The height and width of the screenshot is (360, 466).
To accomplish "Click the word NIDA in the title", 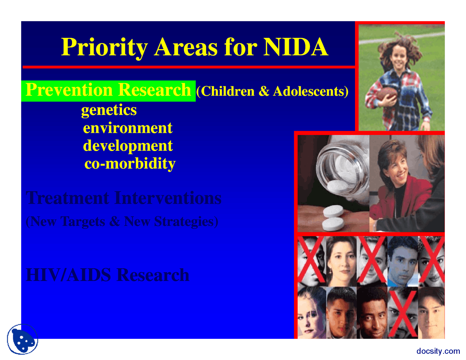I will [295, 47].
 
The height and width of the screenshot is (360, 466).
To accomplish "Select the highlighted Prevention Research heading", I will [108, 90].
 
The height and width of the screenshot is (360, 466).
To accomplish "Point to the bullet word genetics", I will [109, 110].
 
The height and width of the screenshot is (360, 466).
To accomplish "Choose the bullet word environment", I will [127, 128].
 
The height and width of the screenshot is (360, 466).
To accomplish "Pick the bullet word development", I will [127, 146].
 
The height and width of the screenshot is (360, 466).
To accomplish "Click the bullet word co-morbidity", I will [130, 164].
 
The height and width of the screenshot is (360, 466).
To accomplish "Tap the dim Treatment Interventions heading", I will [123, 198].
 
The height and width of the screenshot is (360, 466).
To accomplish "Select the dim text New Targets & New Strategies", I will [122, 221].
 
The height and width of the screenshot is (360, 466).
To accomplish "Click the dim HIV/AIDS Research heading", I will [108, 275].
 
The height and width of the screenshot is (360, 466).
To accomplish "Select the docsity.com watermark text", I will [438, 351].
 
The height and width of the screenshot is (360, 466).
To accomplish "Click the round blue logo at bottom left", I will [23, 339].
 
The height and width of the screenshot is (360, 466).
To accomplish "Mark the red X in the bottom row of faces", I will [402, 313].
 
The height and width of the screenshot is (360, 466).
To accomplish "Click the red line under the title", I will [189, 67].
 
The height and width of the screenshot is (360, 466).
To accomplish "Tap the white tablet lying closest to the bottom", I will [333, 224].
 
